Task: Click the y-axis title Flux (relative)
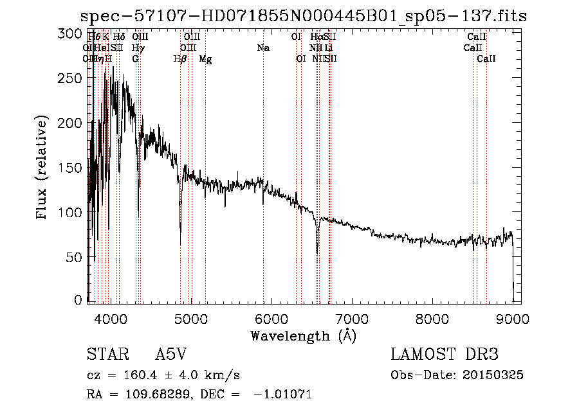[43, 168]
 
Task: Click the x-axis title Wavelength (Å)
[303, 335]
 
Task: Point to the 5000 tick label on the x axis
[190, 319]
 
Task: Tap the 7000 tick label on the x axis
[352, 319]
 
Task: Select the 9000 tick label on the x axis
[513, 319]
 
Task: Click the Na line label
[262, 48]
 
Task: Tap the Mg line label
[205, 59]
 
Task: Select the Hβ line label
[181, 59]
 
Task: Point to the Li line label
[329, 48]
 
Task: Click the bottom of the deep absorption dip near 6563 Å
[317, 253]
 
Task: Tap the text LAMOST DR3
[444, 355]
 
